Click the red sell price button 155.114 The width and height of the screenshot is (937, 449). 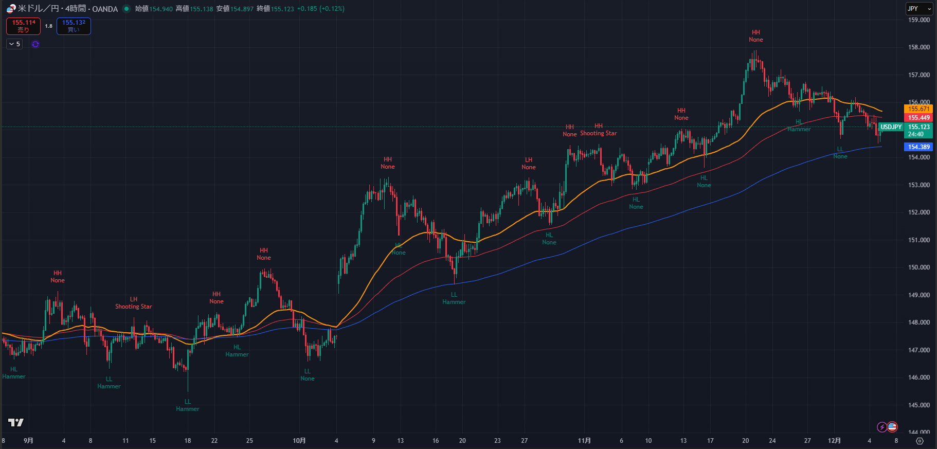click(x=23, y=26)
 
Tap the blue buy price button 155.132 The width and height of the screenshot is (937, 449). click(x=74, y=26)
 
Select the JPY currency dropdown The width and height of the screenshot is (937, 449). click(x=918, y=9)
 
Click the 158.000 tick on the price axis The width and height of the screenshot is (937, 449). click(x=918, y=47)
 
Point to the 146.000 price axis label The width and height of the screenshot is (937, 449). click(x=918, y=378)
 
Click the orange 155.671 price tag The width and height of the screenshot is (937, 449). click(x=918, y=109)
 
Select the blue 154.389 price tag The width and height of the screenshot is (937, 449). click(x=918, y=147)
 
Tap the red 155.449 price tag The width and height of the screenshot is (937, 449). click(x=918, y=118)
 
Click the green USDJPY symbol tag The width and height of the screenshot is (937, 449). click(x=891, y=127)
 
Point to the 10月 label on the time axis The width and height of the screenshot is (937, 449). click(x=299, y=441)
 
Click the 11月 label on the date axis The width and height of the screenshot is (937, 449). click(x=584, y=441)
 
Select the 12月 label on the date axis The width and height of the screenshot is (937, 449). click(x=834, y=441)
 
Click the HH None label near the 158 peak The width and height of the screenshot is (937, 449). click(x=755, y=36)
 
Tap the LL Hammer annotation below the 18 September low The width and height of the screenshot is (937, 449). click(x=187, y=405)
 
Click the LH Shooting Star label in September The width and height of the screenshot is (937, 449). click(x=133, y=303)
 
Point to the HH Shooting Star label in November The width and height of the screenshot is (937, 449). click(x=598, y=130)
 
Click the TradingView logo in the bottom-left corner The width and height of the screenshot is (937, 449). click(x=16, y=423)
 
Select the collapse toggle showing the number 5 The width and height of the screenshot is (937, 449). click(x=14, y=44)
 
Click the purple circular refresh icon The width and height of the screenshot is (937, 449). click(x=35, y=44)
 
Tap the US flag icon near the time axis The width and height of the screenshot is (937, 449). click(x=892, y=427)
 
